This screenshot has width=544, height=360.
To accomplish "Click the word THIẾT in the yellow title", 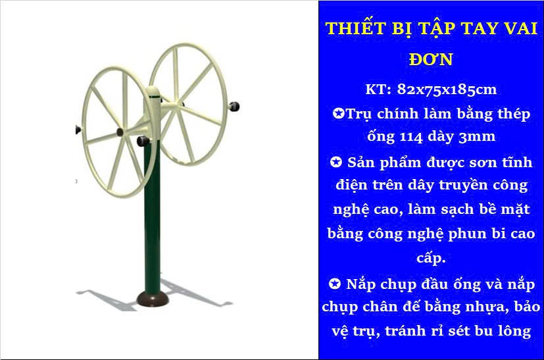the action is (355, 28).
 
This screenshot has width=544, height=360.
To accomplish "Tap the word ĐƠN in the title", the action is (432, 59).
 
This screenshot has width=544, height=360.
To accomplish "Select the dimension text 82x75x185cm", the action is (447, 90).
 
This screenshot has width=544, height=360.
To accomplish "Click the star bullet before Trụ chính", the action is (338, 113).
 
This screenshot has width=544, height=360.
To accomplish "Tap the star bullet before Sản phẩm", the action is (336, 162).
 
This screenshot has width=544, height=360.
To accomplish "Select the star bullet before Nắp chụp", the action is (335, 284).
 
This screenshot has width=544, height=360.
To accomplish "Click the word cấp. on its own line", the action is (431, 258).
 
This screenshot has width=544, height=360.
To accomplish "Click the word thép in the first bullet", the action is (514, 114).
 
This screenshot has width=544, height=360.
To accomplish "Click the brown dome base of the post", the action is (153, 299).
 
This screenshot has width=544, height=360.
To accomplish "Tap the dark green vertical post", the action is (153, 215).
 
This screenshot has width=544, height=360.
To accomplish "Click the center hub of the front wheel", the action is (120, 132).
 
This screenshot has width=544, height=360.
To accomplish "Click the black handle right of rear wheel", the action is (234, 106).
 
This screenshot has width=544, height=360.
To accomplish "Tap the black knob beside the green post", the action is (143, 141).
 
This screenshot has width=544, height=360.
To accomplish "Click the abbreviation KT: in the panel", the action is (378, 90).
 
